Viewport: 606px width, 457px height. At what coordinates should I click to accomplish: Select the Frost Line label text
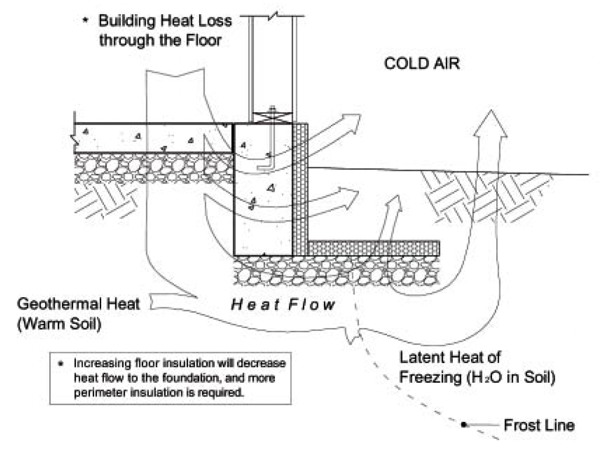(539, 425)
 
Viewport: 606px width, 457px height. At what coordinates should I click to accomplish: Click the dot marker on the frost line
(463, 425)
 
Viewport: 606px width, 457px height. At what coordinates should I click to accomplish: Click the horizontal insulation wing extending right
(374, 247)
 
